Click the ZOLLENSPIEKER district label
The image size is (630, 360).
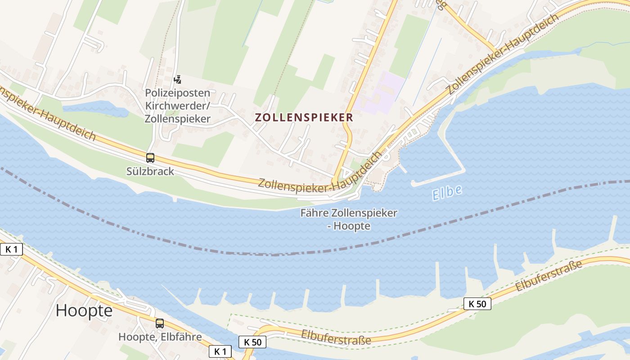point(304,117)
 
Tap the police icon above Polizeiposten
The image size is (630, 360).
point(177,80)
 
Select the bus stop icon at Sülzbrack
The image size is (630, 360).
point(150,158)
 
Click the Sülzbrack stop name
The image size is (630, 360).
point(150,171)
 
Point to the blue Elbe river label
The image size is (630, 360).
point(447,193)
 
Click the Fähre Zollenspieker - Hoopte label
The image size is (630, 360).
point(349,219)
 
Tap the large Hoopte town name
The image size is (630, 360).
point(84,311)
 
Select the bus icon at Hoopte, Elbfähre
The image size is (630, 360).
point(160,323)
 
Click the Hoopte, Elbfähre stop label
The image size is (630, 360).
point(160,337)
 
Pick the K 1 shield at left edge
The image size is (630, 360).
point(11,249)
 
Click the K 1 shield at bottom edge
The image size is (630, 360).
point(220,351)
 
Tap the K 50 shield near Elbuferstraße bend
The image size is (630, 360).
point(252,342)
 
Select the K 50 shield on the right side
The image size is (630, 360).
point(477,304)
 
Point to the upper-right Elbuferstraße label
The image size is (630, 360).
point(549,275)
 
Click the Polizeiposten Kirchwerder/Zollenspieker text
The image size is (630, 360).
point(177,106)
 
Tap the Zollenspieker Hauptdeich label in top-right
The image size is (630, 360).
point(503,54)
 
